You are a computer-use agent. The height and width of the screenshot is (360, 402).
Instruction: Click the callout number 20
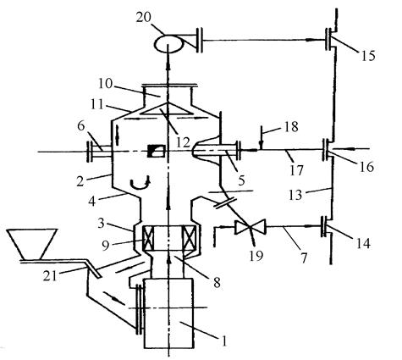tap(143, 18)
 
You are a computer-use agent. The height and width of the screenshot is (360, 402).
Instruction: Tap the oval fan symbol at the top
tap(168, 43)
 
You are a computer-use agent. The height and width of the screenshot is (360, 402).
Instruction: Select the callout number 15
tap(367, 56)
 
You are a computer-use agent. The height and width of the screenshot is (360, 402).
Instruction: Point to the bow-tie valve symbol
tap(251, 227)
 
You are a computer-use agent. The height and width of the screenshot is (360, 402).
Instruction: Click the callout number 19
tap(256, 256)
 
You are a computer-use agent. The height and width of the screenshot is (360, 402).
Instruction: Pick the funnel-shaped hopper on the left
tap(32, 243)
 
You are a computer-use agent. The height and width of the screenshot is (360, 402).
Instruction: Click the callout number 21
tap(50, 276)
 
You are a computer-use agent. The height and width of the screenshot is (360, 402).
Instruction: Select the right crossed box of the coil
tap(189, 239)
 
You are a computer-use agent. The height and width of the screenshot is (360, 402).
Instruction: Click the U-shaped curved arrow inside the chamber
tap(140, 184)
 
